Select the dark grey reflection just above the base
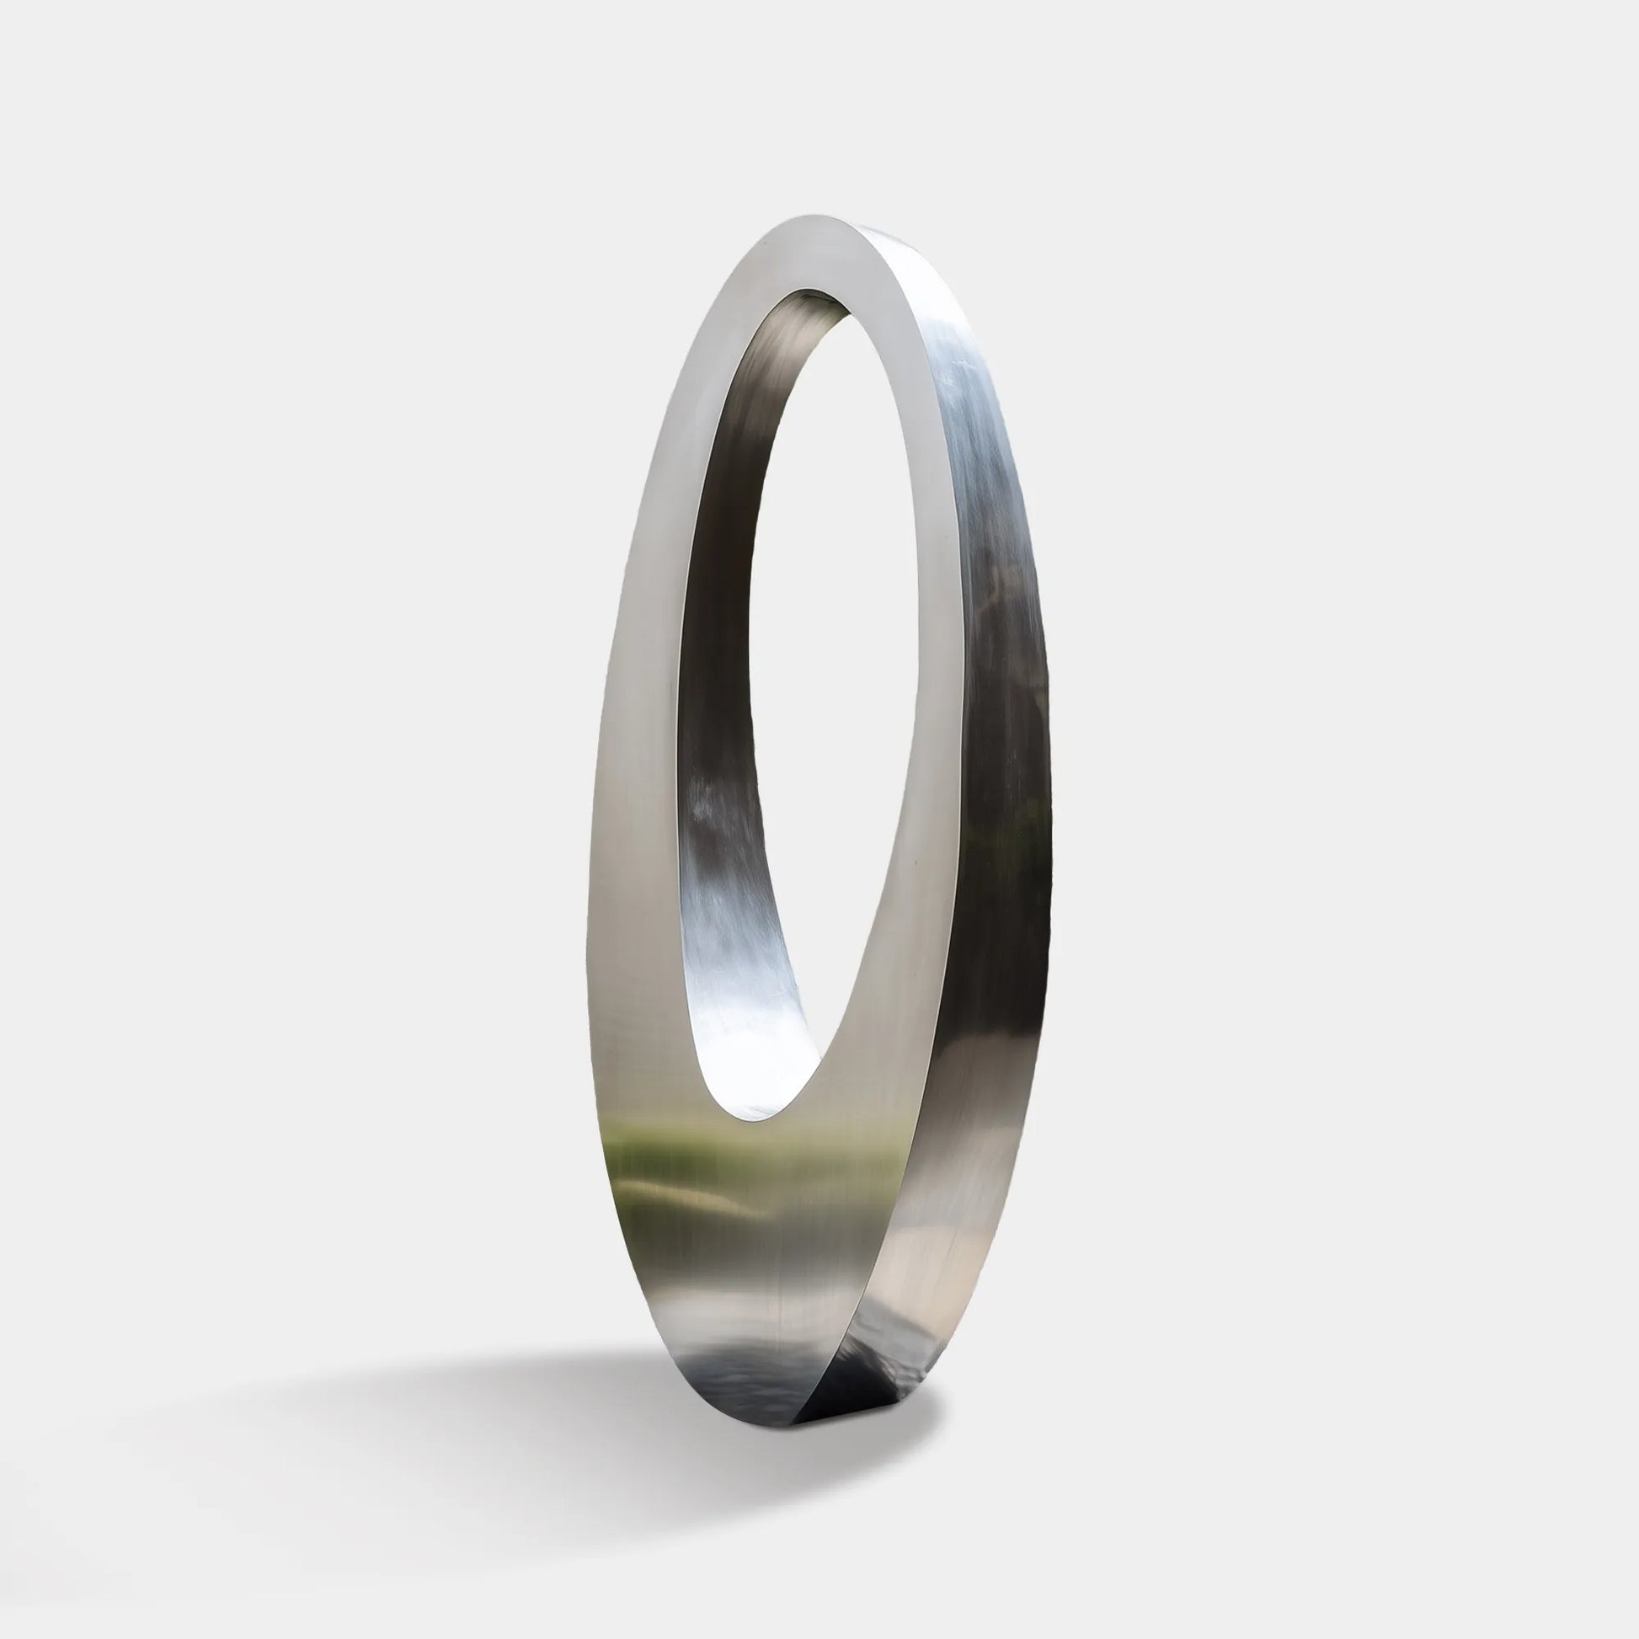click(746, 1366)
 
